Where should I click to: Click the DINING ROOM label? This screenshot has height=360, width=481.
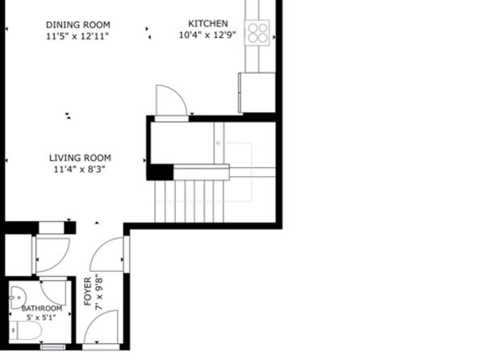tap(78, 24)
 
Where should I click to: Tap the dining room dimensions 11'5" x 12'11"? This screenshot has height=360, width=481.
tap(77, 36)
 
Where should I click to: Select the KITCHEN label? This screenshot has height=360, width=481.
tap(207, 23)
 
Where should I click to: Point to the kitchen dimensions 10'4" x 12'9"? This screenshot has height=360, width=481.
tap(207, 35)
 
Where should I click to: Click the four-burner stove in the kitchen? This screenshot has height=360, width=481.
tap(257, 33)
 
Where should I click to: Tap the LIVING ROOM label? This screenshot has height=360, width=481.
tap(80, 157)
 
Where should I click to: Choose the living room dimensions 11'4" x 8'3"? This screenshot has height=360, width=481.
tap(79, 170)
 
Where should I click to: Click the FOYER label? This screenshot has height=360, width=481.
tap(88, 291)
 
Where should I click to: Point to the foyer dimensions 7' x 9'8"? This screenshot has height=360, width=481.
tap(99, 292)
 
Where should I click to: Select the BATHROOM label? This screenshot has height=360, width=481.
tap(42, 308)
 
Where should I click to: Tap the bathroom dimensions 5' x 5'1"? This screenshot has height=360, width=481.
tap(41, 317)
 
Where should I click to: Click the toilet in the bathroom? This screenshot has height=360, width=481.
tap(26, 330)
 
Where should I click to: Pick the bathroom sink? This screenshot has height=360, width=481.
tap(18, 298)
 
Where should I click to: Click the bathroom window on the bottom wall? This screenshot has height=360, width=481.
tap(53, 347)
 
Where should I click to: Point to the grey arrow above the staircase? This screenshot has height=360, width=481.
tap(234, 143)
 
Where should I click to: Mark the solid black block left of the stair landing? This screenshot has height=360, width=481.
tap(160, 172)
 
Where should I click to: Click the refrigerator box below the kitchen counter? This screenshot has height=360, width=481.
tap(257, 93)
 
